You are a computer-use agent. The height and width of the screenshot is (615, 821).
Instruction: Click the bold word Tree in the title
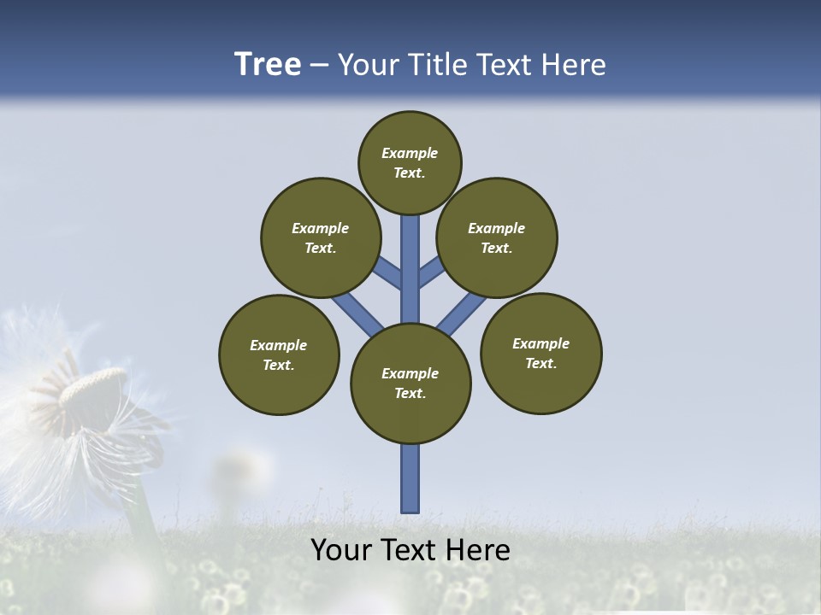point(268,65)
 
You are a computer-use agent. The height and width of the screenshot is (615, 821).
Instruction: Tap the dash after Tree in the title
point(319,66)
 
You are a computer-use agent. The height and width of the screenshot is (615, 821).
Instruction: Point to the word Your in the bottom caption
point(341,550)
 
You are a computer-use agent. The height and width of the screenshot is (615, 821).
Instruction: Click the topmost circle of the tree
point(410,162)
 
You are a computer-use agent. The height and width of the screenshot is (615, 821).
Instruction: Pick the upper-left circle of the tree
point(321,237)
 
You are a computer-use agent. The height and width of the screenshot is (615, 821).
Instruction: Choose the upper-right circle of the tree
point(497,237)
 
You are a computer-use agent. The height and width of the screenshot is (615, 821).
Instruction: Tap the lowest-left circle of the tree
point(279,354)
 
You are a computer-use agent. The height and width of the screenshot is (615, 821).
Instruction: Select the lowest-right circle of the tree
point(540,353)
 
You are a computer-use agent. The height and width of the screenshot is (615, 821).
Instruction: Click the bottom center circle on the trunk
point(410,383)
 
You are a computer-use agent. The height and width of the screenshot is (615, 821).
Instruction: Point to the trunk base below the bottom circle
point(410,478)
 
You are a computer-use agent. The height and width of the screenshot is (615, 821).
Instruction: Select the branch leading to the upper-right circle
point(431,272)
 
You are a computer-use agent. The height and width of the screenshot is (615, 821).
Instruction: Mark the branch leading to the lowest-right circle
point(462,313)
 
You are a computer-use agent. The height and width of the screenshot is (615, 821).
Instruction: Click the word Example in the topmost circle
point(410,153)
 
